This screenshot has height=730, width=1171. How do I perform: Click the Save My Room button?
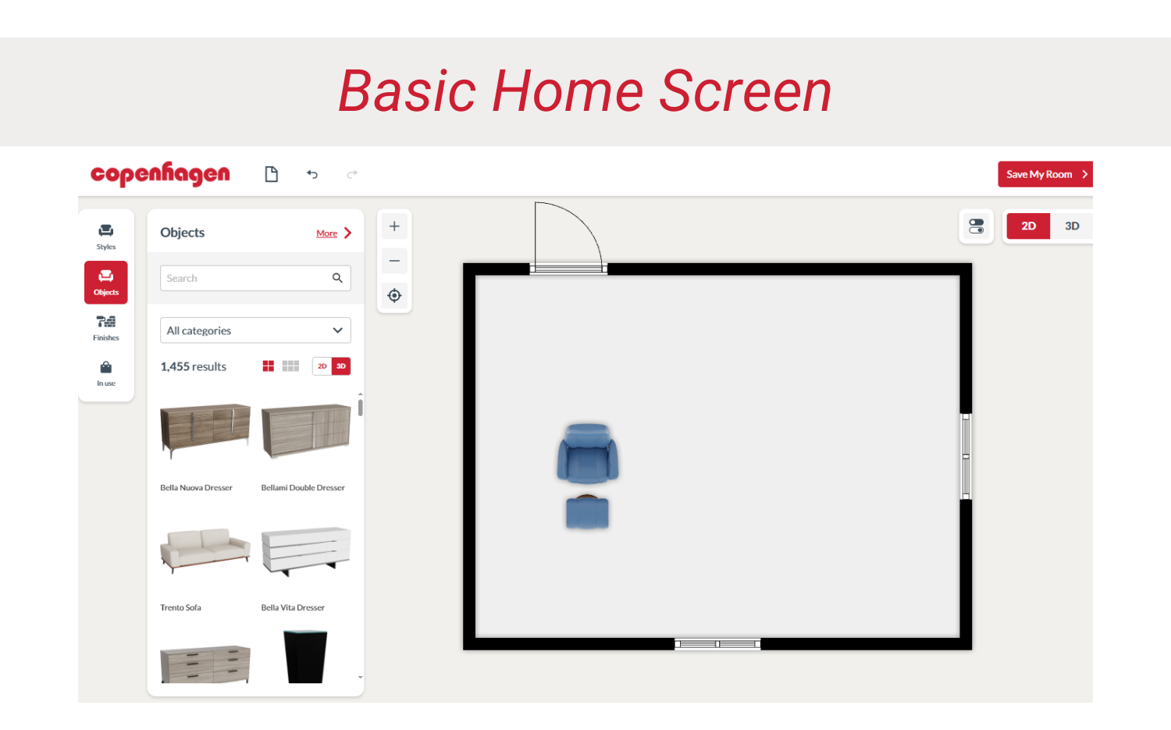pyautogui.click(x=1044, y=174)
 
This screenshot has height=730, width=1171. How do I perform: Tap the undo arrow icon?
pyautogui.click(x=312, y=174)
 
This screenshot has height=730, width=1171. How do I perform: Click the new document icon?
pyautogui.click(x=271, y=174)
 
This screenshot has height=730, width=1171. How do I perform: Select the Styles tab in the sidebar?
pyautogui.click(x=106, y=236)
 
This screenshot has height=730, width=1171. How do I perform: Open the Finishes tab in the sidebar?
pyautogui.click(x=106, y=327)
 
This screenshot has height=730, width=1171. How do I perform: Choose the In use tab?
pyautogui.click(x=106, y=372)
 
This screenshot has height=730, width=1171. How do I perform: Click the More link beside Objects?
pyautogui.click(x=327, y=233)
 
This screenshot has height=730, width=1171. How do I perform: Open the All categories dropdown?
pyautogui.click(x=255, y=330)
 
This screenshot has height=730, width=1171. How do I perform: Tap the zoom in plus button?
pyautogui.click(x=394, y=226)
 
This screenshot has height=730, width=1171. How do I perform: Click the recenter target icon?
pyautogui.click(x=394, y=295)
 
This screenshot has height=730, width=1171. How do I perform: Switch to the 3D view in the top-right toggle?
pyautogui.click(x=1071, y=226)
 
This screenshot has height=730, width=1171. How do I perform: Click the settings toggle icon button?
pyautogui.click(x=976, y=226)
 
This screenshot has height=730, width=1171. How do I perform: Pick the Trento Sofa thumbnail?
pyautogui.click(x=205, y=550)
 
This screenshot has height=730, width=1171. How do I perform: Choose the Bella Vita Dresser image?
pyautogui.click(x=305, y=550)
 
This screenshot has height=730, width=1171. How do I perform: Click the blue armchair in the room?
pyautogui.click(x=587, y=453)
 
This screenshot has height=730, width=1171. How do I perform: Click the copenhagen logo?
pyautogui.click(x=160, y=173)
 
